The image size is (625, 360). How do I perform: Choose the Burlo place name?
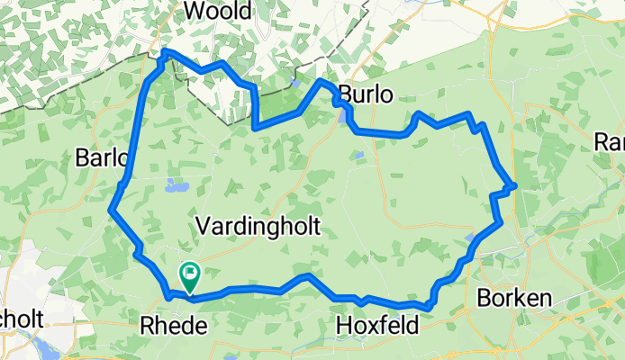click(x=366, y=94)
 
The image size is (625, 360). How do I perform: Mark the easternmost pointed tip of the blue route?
click(x=514, y=185)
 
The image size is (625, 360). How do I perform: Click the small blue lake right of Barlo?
click(x=174, y=187)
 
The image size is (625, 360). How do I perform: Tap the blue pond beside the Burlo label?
click(x=342, y=114)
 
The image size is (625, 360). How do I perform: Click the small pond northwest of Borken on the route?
click(x=472, y=239)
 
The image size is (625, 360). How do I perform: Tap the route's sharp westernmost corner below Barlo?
click(x=111, y=211)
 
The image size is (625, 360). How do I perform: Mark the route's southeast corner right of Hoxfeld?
click(x=429, y=307)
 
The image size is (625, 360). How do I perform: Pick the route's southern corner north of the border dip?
click(x=257, y=128)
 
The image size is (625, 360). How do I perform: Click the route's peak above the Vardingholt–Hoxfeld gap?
click(x=308, y=276)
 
